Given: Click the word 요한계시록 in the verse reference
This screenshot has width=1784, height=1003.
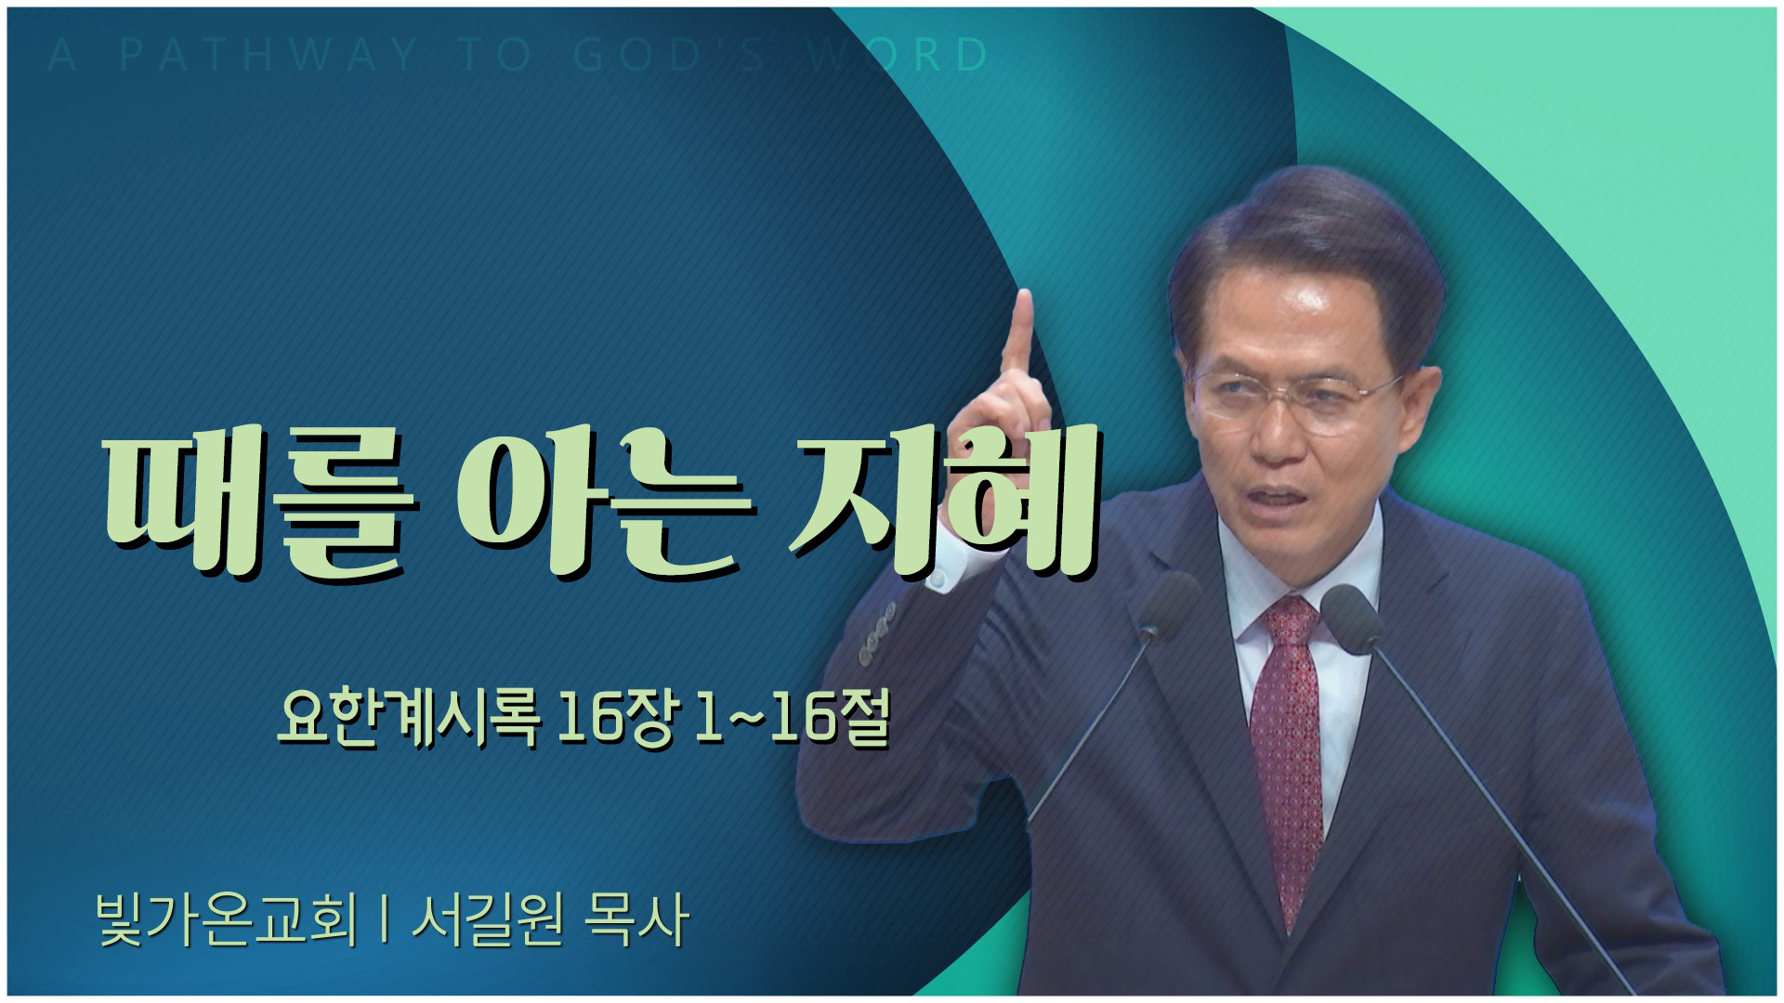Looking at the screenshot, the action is [408, 719].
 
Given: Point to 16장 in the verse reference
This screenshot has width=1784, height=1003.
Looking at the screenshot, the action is [614, 719].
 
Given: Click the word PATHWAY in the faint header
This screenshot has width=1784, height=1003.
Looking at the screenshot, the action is [269, 55].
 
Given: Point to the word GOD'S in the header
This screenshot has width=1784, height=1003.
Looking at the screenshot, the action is [669, 55].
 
